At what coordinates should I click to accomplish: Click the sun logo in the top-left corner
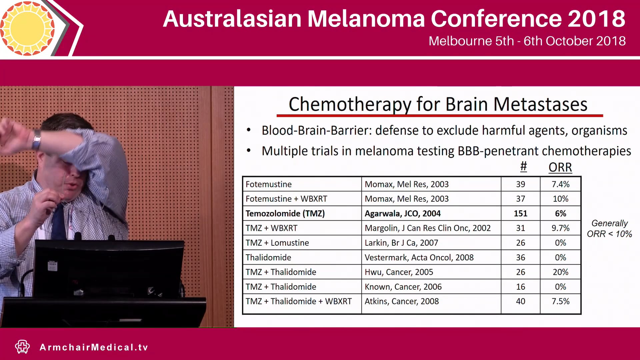pos(27,28)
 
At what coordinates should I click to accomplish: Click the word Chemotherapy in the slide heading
pos(350,104)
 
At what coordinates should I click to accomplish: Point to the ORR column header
pos(560,167)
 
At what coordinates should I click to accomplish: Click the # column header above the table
pos(523,166)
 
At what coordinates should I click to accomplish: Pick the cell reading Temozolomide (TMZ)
pos(285,213)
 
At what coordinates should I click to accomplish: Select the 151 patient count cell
pos(520,213)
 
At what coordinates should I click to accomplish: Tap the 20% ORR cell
pos(560,272)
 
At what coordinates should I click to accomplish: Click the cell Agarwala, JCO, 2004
pos(402,213)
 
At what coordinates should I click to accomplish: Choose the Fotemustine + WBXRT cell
pos(286,199)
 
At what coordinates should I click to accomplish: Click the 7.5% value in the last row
pos(560,301)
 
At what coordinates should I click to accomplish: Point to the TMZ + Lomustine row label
pos(277,243)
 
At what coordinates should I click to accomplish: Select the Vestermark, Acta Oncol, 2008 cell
pos(419,257)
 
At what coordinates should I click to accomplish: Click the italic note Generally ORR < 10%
pos(609,229)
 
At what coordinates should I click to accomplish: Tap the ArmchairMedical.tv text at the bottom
pos(94,347)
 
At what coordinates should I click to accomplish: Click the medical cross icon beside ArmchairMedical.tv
pos(22,347)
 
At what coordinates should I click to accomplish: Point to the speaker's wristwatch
pos(36,140)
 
